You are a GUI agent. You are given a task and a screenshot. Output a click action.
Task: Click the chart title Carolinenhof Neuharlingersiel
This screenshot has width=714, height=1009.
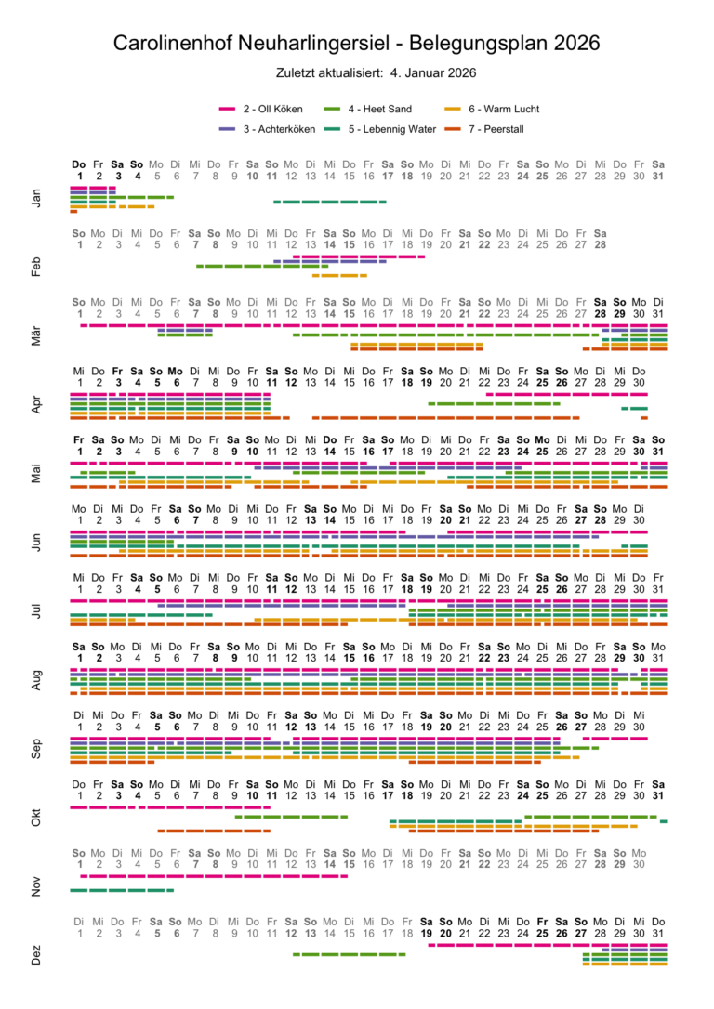tap(356, 43)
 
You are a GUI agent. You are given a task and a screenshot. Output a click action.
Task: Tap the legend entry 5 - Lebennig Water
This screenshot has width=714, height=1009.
tap(390, 128)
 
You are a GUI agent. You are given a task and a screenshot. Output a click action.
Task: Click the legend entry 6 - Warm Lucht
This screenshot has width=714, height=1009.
tap(503, 109)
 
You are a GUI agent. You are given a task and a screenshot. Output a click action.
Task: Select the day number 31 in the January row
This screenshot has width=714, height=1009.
tap(658, 175)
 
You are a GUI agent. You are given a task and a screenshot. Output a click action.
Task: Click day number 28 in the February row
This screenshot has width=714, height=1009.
tap(601, 244)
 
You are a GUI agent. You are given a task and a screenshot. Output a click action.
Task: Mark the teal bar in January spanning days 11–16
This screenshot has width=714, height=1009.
tap(330, 202)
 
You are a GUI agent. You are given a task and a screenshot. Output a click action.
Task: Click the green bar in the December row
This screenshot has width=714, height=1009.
tap(349, 954)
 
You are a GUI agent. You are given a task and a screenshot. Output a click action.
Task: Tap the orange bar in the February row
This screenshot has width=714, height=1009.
tap(339, 275)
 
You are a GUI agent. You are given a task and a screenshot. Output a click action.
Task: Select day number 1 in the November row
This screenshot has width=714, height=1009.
tap(79, 865)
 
